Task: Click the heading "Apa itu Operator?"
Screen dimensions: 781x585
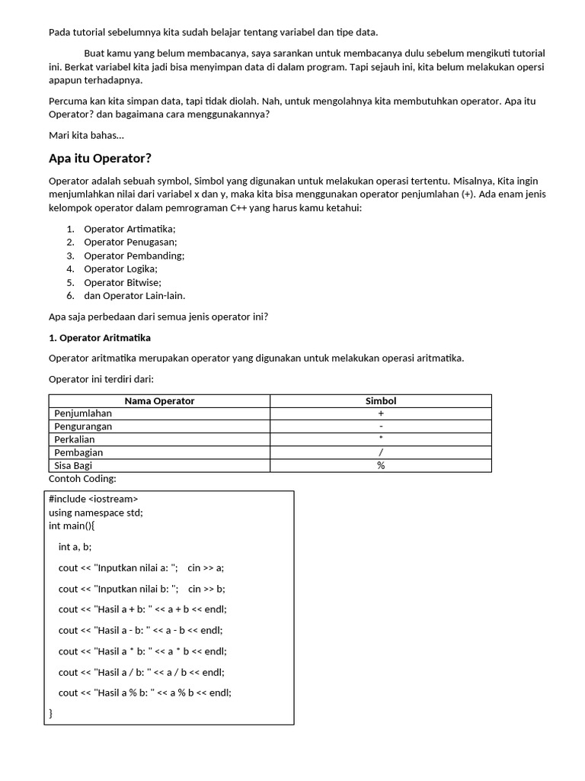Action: click(100, 159)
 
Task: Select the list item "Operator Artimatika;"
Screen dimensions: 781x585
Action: click(129, 229)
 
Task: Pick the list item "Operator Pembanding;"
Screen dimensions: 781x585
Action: click(134, 256)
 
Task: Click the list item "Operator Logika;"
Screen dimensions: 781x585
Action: click(120, 268)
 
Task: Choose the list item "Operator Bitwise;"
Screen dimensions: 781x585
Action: click(123, 282)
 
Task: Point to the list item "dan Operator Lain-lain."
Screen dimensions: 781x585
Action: click(134, 295)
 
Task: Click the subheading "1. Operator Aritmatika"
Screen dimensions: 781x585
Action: click(100, 337)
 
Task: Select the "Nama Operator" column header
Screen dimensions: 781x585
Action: click(159, 400)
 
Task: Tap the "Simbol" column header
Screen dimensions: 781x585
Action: click(381, 400)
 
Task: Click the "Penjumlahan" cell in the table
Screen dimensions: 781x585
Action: click(83, 413)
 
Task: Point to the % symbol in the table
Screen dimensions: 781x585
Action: click(381, 465)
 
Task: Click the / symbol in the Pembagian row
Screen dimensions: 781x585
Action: click(381, 452)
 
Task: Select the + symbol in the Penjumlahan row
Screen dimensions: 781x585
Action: click(381, 413)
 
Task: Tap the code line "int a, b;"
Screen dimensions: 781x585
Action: click(75, 546)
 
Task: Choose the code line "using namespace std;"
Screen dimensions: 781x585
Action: click(96, 513)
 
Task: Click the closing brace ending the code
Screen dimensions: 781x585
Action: click(51, 713)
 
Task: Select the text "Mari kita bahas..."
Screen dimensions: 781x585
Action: click(86, 135)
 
